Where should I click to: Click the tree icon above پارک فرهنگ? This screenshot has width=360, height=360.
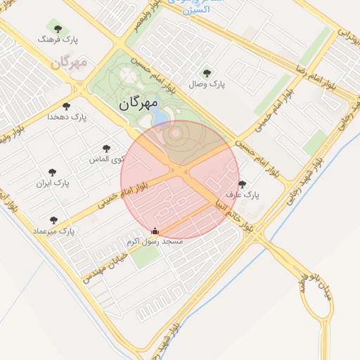[x=58, y=29]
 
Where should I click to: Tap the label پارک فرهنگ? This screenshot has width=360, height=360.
[x=58, y=40]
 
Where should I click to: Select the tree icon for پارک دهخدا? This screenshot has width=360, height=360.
[x=66, y=107]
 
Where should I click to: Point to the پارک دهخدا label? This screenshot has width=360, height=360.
[x=67, y=117]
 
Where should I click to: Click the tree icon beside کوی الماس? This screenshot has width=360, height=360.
[x=106, y=149]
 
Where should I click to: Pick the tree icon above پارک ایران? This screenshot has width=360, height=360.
[x=53, y=172]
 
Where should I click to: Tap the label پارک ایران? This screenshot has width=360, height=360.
[x=53, y=184]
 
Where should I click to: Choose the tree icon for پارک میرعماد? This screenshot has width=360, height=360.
[x=53, y=220]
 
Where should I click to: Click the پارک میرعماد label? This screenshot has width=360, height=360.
[x=53, y=231]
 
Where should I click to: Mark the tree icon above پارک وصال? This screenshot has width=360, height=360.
[x=206, y=73]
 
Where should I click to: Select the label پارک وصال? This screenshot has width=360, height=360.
[x=207, y=84]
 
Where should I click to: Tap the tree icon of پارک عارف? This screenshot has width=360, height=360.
[x=243, y=184]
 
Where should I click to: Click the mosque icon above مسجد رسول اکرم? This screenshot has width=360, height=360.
[x=155, y=231]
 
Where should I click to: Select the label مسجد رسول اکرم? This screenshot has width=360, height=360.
[x=155, y=241]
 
